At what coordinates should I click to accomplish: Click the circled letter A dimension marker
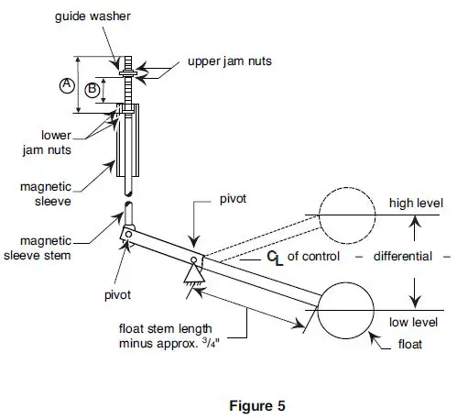click(66, 84)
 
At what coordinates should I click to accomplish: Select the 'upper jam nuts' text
click(229, 61)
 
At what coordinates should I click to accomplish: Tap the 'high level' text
click(416, 203)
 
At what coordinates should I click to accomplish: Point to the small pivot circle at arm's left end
click(131, 234)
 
